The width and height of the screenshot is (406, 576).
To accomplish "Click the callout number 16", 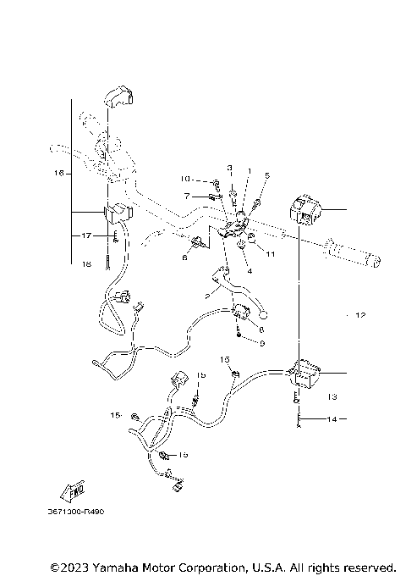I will tap(58, 173).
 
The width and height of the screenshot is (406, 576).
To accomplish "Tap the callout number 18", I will tap(86, 264).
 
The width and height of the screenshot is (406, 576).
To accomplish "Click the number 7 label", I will tap(187, 196).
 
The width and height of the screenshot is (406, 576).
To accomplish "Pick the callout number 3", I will tap(228, 169).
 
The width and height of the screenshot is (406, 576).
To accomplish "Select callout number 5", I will tap(266, 175).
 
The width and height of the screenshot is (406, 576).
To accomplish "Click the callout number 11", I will tap(271, 253).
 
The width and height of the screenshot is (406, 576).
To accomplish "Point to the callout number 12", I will tap(359, 315).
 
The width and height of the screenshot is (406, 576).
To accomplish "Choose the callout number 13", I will tap(332, 396).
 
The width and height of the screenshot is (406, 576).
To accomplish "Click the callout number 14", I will tap(332, 418).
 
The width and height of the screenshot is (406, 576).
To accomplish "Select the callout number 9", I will tap(262, 343).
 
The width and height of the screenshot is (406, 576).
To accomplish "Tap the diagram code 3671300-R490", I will tap(82, 512).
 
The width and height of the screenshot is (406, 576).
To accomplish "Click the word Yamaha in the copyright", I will tap(118, 566).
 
